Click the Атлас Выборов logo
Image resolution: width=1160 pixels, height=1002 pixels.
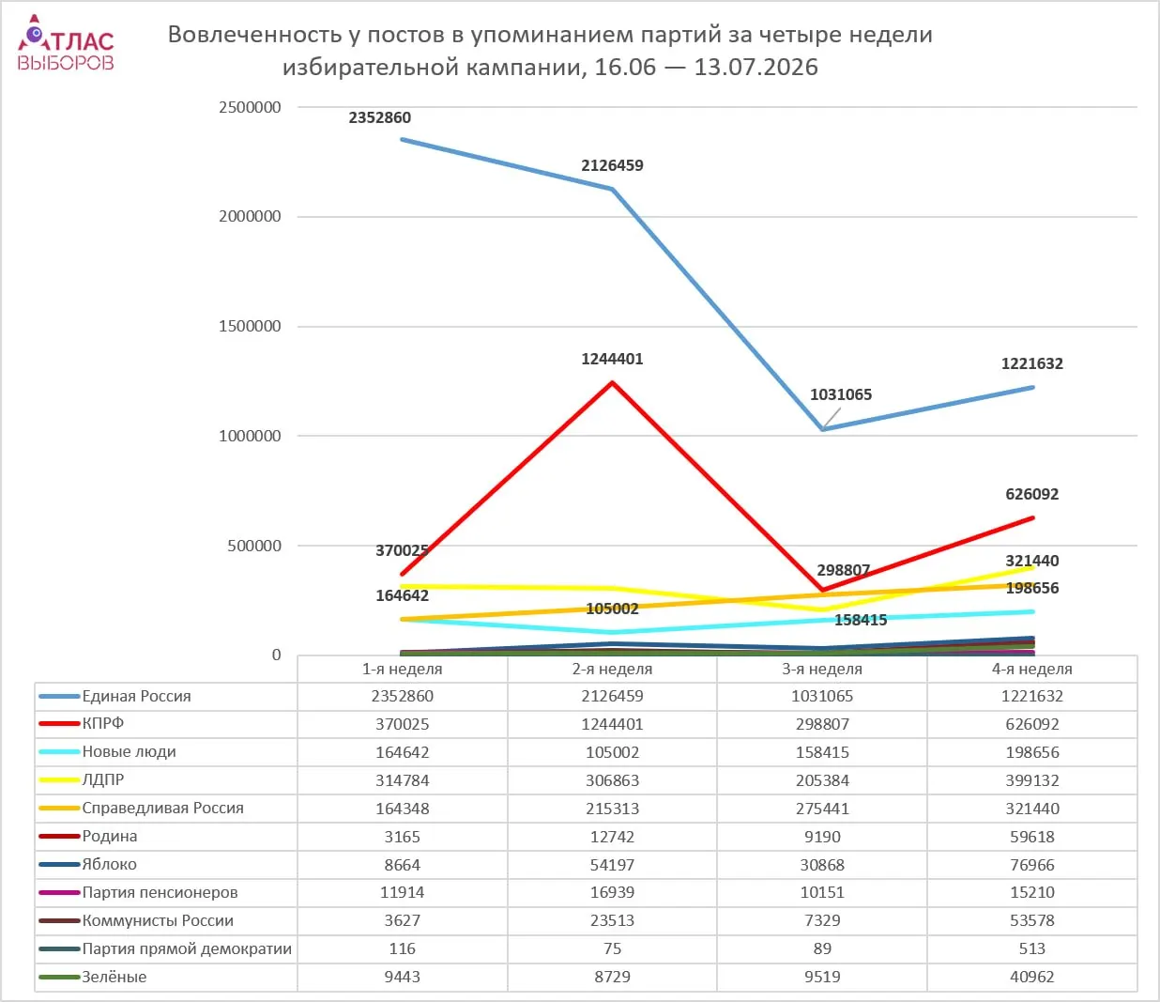pos(66,43)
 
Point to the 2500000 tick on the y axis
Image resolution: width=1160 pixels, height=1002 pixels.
pos(250,107)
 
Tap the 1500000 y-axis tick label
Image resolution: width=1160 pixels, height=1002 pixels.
pos(250,326)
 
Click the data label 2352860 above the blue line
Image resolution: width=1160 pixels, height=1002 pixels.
pos(380,118)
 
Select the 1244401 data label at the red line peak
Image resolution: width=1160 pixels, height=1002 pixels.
pos(612,359)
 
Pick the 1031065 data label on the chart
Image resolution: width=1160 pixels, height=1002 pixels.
pos(841,394)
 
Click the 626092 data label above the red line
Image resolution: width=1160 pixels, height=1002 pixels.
pos(1032,494)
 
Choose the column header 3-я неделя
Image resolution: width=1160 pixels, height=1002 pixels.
pos(822,669)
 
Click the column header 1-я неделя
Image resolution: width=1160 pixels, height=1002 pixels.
pos(403,669)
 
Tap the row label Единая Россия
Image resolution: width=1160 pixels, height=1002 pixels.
pos(136,697)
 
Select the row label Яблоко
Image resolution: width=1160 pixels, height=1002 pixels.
pos(110,864)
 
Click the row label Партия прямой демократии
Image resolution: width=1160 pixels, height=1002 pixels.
pos(187,948)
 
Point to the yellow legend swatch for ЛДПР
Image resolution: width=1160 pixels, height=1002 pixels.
pos(59,780)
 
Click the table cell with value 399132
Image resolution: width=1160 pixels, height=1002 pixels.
pos(1032,780)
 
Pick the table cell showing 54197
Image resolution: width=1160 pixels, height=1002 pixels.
pos(612,865)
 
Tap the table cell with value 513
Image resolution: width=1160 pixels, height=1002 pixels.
pos(1032,948)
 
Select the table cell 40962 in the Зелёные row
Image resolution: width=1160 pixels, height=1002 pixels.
pos(1032,977)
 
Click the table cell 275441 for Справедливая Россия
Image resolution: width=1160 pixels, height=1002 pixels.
pos(822,809)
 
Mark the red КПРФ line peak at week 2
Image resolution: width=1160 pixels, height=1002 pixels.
pos(612,382)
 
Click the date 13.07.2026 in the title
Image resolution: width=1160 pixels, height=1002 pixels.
pos(756,68)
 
